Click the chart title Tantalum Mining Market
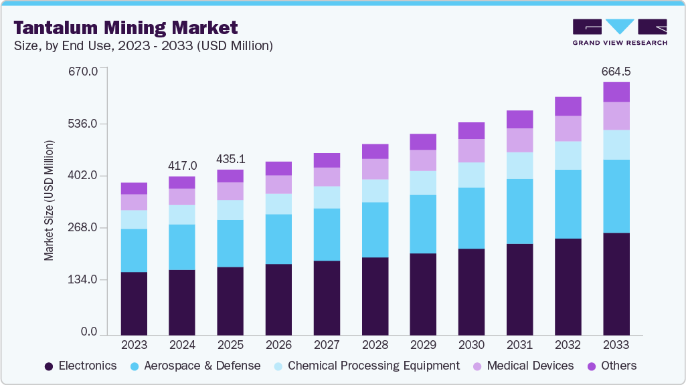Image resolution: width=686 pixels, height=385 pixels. coord(126,27)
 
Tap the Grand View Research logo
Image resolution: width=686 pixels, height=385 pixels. coord(619,31)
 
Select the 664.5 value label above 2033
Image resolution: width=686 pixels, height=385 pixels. coord(616,71)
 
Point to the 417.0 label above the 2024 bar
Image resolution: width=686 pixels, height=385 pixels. coord(182,165)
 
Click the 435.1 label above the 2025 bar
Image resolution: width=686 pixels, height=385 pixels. coord(230,159)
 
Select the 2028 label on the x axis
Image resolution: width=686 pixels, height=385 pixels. coord(375,345)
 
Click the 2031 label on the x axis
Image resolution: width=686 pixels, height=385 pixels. coord(519,345)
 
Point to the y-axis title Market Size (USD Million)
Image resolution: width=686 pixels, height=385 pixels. coord(49,201)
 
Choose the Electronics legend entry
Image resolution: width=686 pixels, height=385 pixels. coord(80,366)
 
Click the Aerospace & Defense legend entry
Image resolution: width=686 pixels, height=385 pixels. coord(195,366)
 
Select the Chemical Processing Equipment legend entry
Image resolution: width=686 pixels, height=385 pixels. coord(367,366)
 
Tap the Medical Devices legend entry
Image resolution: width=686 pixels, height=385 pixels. coord(523,366)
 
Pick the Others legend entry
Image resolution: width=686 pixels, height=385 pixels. coord(612,366)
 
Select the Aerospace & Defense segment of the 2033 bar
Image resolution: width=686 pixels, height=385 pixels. coord(616,196)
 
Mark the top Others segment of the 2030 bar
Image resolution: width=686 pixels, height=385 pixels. coord(471,130)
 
